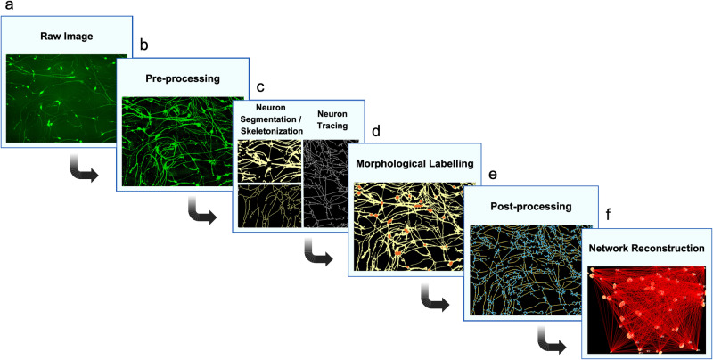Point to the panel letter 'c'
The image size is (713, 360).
(x=260, y=87)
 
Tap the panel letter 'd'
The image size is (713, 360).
(x=376, y=130)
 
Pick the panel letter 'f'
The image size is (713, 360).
(x=607, y=215)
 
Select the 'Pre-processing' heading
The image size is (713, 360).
(x=183, y=78)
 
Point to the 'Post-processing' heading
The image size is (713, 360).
(x=522, y=207)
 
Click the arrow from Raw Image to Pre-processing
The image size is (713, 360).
(x=86, y=168)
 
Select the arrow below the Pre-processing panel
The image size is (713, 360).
(x=202, y=212)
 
